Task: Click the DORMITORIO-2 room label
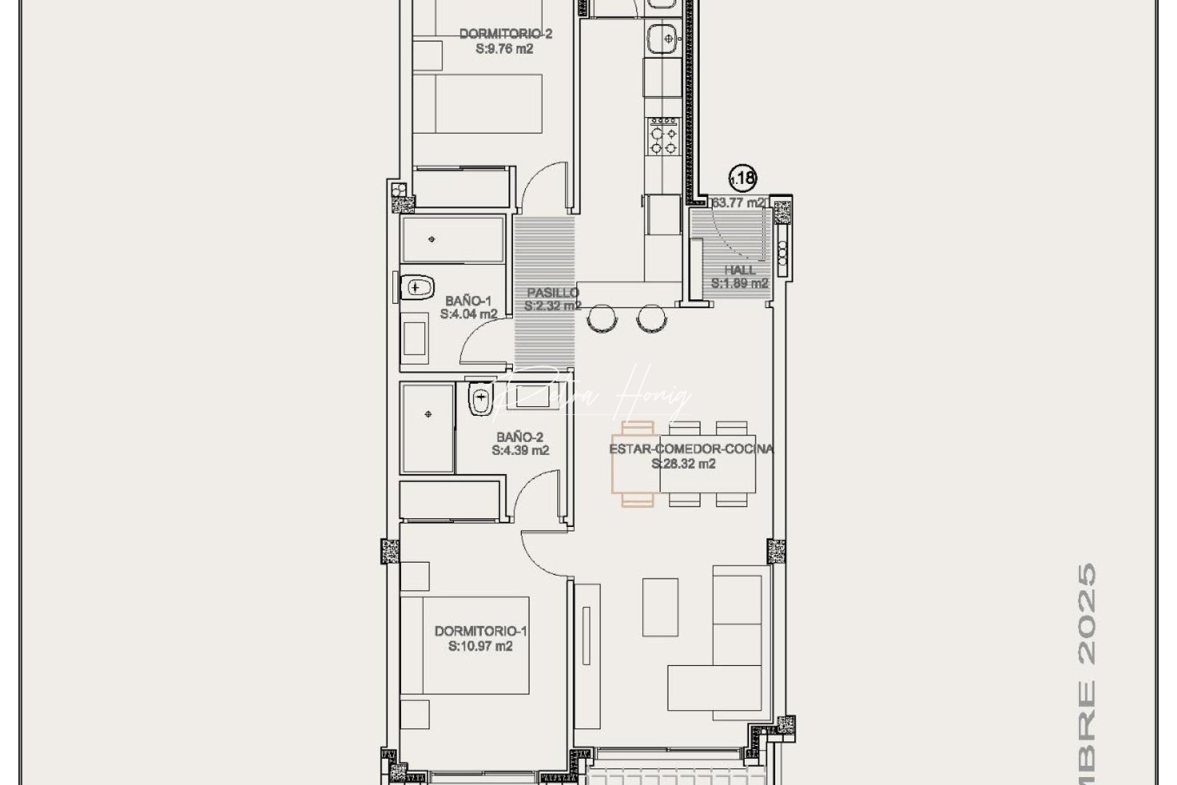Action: [506, 33]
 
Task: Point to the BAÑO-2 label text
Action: [520, 437]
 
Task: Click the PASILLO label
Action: [553, 293]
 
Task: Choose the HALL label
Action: [740, 270]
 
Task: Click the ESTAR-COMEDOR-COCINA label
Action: [691, 449]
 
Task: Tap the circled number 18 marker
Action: [743, 177]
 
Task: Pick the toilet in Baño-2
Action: [480, 399]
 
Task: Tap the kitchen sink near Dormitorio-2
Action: [662, 36]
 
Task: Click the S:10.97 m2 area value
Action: [480, 645]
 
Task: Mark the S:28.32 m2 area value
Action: [683, 464]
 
